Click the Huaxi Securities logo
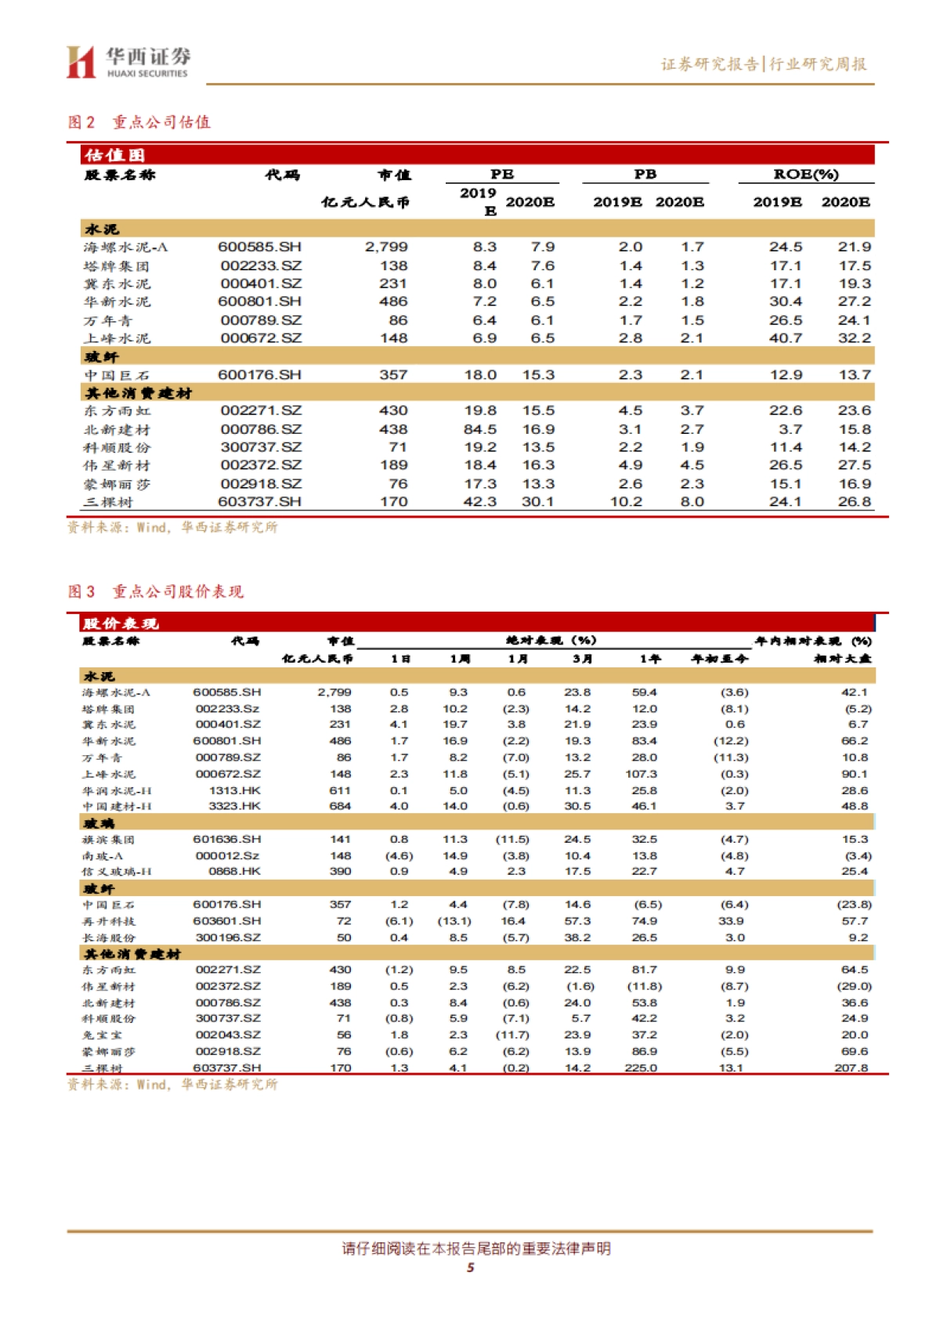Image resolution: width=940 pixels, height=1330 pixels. click(x=128, y=62)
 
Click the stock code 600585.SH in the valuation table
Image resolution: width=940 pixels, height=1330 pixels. click(x=259, y=247)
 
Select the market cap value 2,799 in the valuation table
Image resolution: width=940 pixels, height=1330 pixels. click(x=386, y=247)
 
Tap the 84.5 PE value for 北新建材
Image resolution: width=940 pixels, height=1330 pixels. click(x=479, y=429)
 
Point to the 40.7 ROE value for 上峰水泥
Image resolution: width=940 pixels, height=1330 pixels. click(x=785, y=338)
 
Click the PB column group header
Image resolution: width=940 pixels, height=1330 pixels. click(x=645, y=174)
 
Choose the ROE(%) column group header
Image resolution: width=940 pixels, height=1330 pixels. click(x=805, y=174)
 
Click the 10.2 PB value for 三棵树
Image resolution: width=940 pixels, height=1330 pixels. click(x=626, y=501)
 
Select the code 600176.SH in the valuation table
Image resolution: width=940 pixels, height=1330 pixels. click(x=259, y=374)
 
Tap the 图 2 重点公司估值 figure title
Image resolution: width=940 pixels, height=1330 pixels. click(x=139, y=122)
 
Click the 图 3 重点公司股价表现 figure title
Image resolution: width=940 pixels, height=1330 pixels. click(x=156, y=591)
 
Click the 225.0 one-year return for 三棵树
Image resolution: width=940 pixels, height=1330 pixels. click(x=641, y=1068)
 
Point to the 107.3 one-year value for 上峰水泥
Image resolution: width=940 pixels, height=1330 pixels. click(x=641, y=774)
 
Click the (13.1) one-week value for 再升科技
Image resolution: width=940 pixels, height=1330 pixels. click(x=454, y=921)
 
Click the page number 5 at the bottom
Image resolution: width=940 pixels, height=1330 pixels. click(x=470, y=1267)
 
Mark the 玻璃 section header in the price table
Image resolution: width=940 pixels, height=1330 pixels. click(x=99, y=823)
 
